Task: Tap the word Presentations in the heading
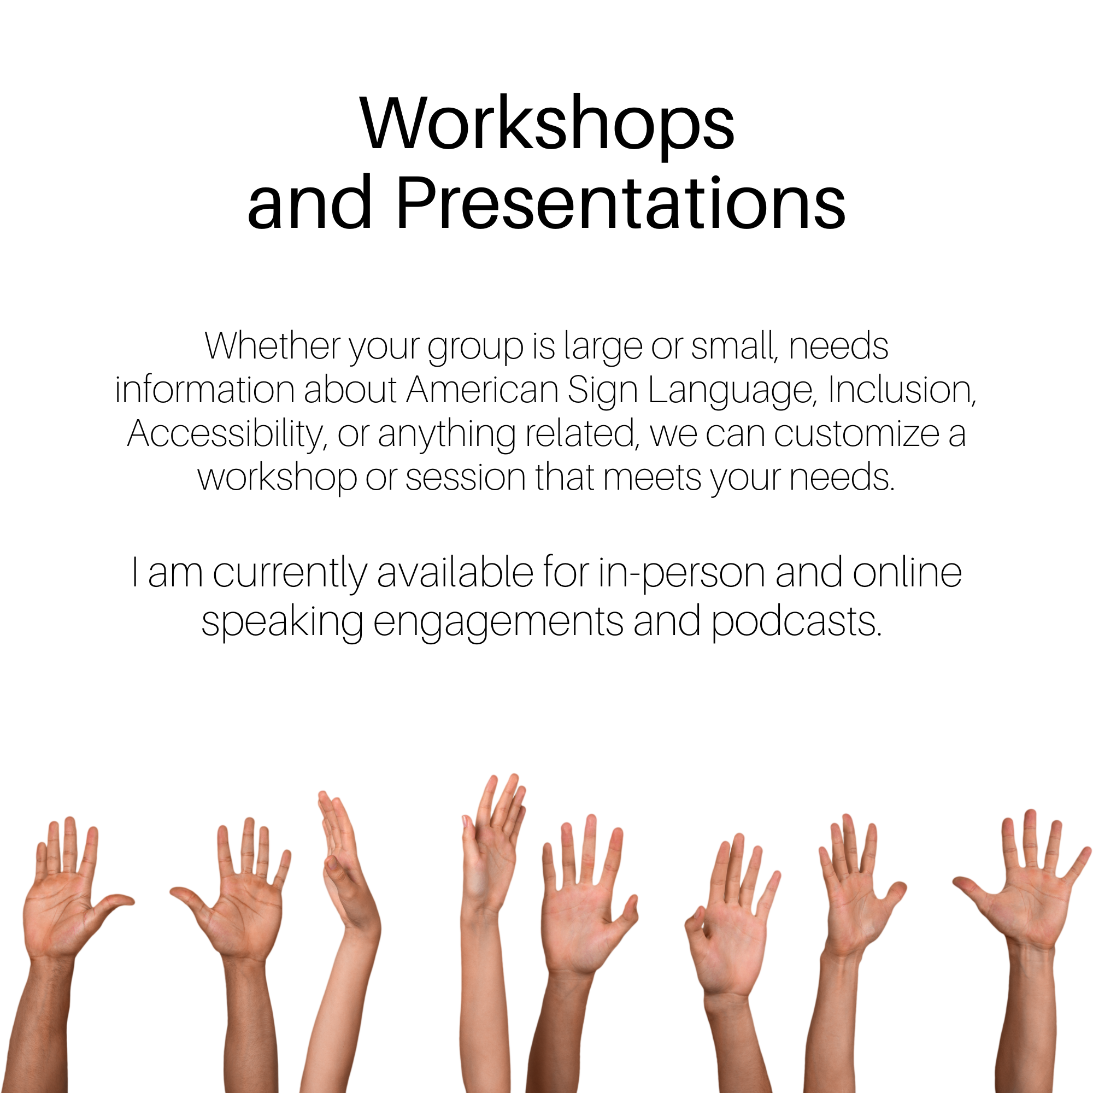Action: click(620, 203)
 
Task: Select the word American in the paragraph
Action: click(482, 390)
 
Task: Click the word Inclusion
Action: click(902, 390)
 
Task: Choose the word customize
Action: click(856, 434)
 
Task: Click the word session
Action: click(466, 478)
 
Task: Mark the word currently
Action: click(290, 574)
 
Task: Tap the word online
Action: click(907, 573)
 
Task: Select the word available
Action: click(455, 573)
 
